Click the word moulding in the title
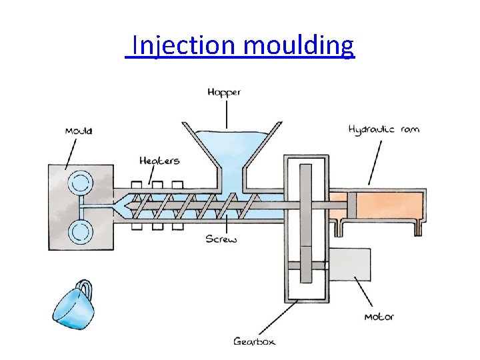click(299, 46)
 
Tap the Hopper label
click(224, 92)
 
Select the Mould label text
click(79, 131)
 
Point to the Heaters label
click(159, 161)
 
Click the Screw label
click(220, 239)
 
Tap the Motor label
click(379, 317)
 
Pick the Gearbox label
click(254, 341)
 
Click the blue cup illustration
click(71, 306)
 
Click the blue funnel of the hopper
click(229, 150)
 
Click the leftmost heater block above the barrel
click(138, 185)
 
